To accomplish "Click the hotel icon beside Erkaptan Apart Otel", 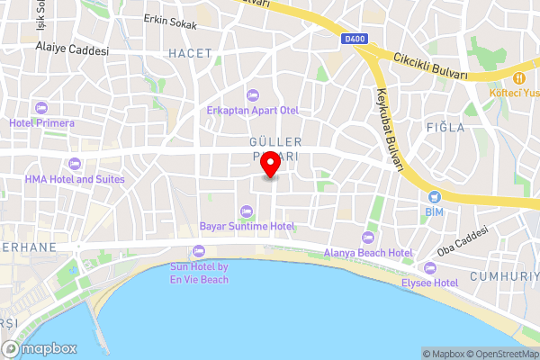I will [252, 95].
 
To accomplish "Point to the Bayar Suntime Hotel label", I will [247, 225].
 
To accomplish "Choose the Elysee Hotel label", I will [429, 282].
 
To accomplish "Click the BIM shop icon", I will [436, 196].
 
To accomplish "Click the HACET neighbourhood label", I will [189, 54].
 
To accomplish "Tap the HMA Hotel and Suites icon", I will [74, 164].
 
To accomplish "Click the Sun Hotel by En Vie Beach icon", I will [199, 251].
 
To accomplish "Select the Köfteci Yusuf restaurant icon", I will [520, 77].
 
